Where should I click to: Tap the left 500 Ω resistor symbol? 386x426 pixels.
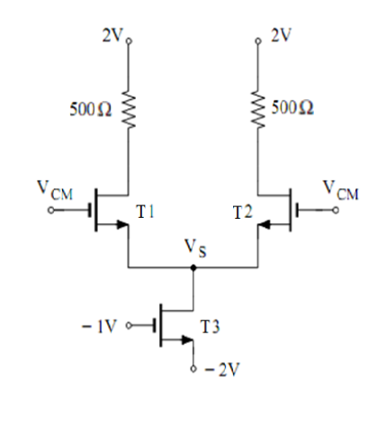[x=129, y=111]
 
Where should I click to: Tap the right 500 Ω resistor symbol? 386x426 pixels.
[x=259, y=111]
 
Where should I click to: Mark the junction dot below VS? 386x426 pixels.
[x=193, y=267]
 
